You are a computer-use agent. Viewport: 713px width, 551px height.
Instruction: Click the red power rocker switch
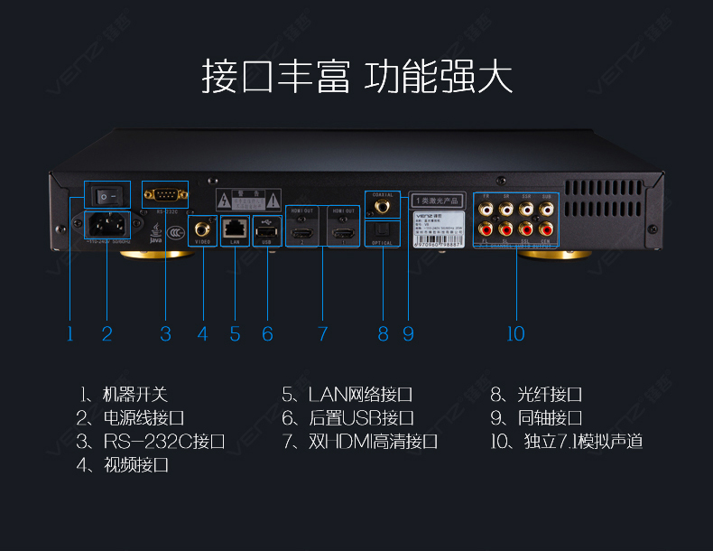click(x=107, y=194)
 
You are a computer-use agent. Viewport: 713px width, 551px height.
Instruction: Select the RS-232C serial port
click(x=166, y=193)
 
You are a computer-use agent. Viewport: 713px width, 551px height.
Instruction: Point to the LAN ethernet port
click(x=235, y=228)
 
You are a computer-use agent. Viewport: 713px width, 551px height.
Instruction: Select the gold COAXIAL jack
click(x=382, y=206)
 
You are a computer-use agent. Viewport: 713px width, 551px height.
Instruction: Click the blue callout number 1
click(x=69, y=334)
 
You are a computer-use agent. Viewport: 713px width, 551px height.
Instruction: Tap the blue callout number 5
click(x=235, y=334)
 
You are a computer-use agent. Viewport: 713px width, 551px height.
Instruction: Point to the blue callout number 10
click(x=514, y=334)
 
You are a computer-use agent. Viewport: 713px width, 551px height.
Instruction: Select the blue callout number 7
click(x=322, y=334)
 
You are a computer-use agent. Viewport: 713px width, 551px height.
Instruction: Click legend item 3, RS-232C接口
click(x=150, y=442)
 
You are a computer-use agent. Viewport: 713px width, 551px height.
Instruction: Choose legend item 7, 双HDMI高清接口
click(x=359, y=442)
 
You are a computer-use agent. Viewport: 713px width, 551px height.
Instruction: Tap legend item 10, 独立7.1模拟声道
click(x=566, y=442)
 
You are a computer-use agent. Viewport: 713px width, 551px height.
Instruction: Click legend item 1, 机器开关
click(x=124, y=395)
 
